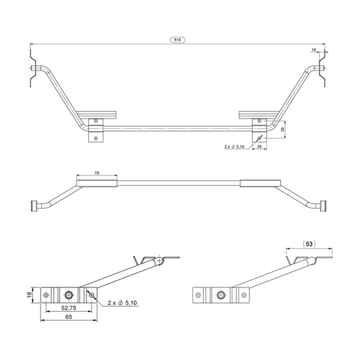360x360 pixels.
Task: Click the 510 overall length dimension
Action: point(177,40)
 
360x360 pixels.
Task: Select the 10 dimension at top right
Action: point(314,50)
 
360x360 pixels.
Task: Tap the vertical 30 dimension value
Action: point(283,129)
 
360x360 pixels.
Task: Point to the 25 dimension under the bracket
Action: point(259,146)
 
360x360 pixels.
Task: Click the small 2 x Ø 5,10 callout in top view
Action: point(234,147)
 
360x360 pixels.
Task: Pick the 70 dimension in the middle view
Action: point(97,173)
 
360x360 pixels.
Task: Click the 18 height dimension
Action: point(29,295)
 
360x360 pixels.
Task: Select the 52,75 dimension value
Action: point(69,308)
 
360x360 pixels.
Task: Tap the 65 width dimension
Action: point(69,317)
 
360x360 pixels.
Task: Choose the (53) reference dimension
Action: point(309,244)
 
